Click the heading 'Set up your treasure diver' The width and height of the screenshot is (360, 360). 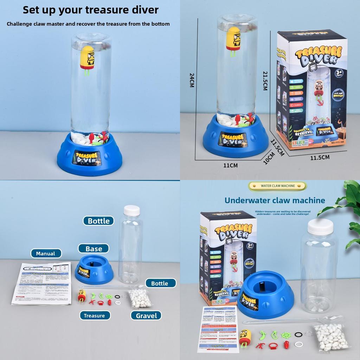90,10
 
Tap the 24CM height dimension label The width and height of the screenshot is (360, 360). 192,80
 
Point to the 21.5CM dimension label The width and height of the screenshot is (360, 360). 265,80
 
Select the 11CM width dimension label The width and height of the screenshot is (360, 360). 231,165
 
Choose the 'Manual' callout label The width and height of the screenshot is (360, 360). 46,253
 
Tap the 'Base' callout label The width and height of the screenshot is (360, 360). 94,249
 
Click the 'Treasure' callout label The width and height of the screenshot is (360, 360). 94,315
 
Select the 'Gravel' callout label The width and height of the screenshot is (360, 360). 146,315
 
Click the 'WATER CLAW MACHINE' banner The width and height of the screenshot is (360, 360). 277,186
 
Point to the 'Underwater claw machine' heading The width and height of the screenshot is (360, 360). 275,200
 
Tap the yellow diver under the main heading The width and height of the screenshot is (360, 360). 88,58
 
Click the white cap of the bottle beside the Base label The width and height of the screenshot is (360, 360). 131,211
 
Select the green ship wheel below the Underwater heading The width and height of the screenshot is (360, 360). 285,335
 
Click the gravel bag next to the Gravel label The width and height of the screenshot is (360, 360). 140,298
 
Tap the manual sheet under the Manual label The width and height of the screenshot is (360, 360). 41,283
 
